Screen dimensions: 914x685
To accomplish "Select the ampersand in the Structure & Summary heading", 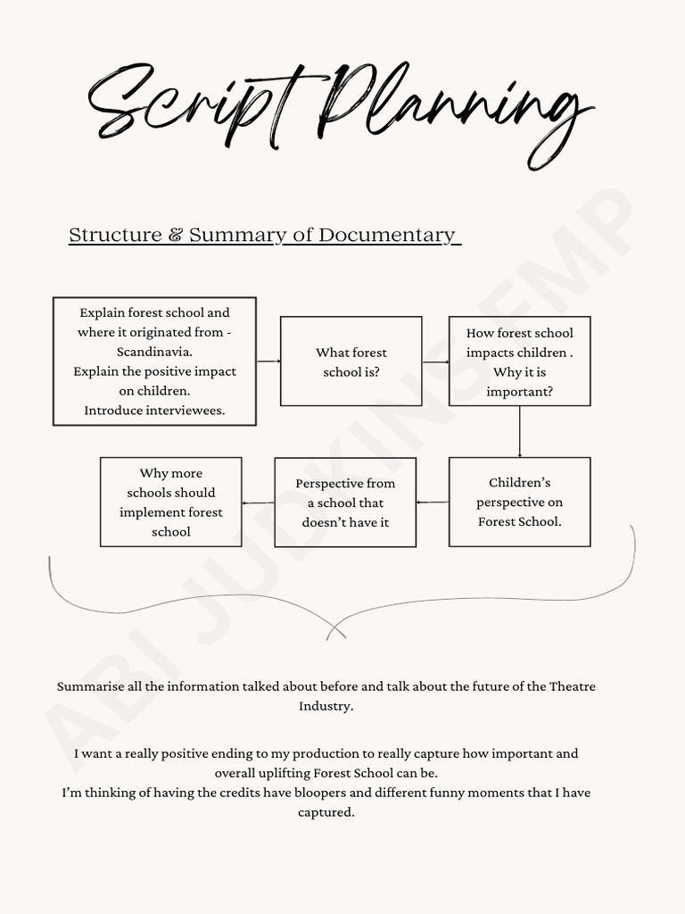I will pyautogui.click(x=176, y=235).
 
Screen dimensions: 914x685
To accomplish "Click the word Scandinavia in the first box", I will pyautogui.click(x=154, y=352).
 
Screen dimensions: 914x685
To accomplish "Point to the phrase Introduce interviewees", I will pyautogui.click(x=154, y=411).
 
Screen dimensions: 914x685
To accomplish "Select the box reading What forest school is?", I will pyautogui.click(x=351, y=361).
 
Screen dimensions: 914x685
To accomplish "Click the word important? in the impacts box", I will pyautogui.click(x=519, y=391).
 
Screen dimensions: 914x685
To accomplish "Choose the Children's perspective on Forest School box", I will pyautogui.click(x=519, y=502).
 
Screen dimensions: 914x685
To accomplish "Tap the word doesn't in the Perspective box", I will pyautogui.click(x=327, y=522).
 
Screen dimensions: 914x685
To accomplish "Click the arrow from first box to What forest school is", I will pyautogui.click(x=268, y=361).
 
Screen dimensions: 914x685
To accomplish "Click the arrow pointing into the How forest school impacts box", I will pyautogui.click(x=435, y=361).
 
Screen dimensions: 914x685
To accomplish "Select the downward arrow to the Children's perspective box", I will pyautogui.click(x=520, y=432).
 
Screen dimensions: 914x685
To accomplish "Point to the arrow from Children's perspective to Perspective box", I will pyautogui.click(x=433, y=503).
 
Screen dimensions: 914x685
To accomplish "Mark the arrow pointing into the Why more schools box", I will pyautogui.click(x=258, y=503).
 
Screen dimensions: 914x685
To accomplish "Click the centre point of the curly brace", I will pyautogui.click(x=335, y=630).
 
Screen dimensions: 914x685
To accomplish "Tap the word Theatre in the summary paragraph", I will pyautogui.click(x=572, y=686).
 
